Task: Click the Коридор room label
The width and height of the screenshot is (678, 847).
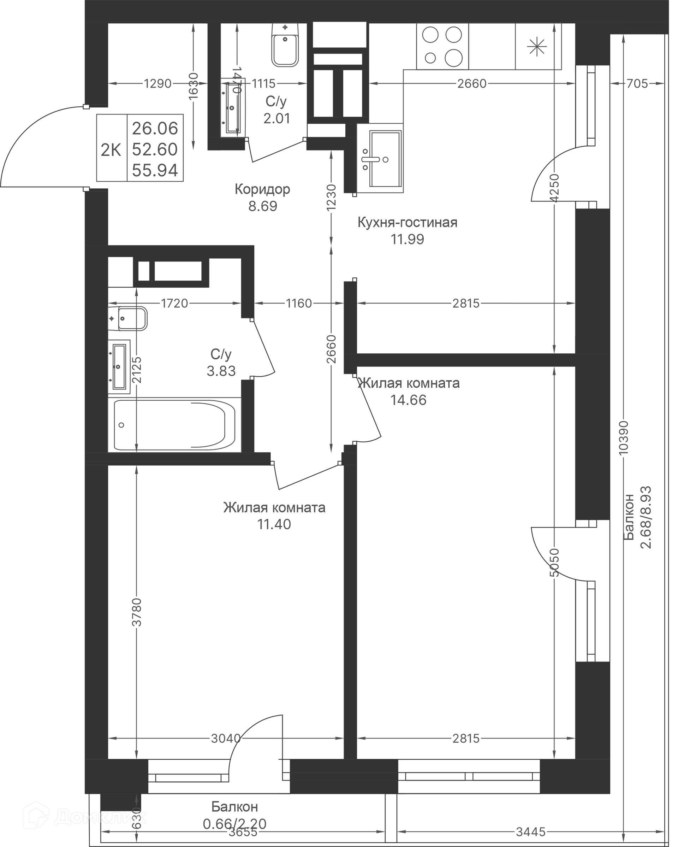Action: pos(262,189)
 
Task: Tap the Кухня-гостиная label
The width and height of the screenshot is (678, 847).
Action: pos(408,223)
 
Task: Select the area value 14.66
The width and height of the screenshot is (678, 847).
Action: pos(408,400)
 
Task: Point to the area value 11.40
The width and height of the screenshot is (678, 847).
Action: pos(274,524)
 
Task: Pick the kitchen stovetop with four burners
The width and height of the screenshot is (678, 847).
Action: pos(442,46)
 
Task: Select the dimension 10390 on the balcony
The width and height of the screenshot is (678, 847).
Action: pos(623,438)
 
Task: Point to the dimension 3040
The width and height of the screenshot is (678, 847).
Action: pos(225,739)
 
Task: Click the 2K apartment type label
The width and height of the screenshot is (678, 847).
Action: pos(111,150)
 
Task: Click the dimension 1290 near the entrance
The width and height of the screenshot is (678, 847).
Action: pos(157,84)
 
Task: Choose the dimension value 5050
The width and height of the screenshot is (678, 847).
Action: pos(554,563)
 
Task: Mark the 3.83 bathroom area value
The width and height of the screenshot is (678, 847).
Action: pos(221,371)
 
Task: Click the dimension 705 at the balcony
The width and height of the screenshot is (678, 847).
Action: pos(637,84)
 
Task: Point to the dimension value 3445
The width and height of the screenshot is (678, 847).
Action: pos(530,832)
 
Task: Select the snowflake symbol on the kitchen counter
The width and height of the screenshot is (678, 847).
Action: pos(537,47)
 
